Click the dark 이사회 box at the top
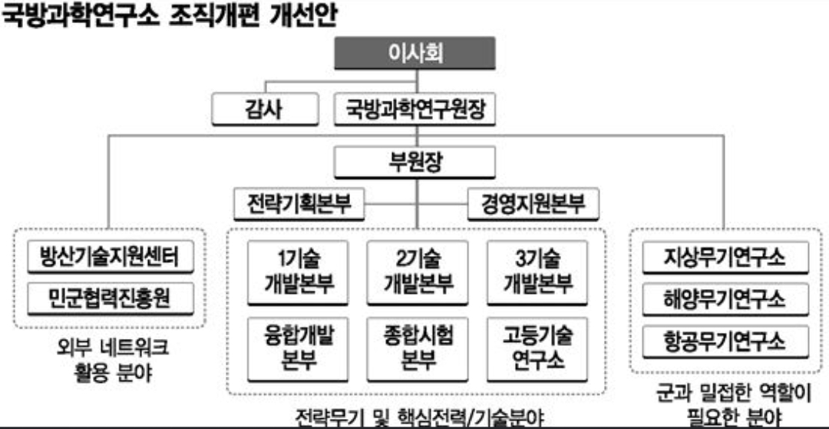(x=415, y=53)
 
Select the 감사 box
(x=263, y=110)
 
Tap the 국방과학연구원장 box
(x=415, y=110)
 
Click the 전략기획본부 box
(x=299, y=205)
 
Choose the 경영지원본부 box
(x=533, y=205)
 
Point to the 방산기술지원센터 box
(x=110, y=258)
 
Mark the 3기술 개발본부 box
(x=538, y=271)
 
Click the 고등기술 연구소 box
(x=538, y=348)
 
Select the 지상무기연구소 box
(x=725, y=258)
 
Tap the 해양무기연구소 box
(x=725, y=298)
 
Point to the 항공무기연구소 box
(x=725, y=339)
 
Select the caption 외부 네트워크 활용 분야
(x=110, y=360)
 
